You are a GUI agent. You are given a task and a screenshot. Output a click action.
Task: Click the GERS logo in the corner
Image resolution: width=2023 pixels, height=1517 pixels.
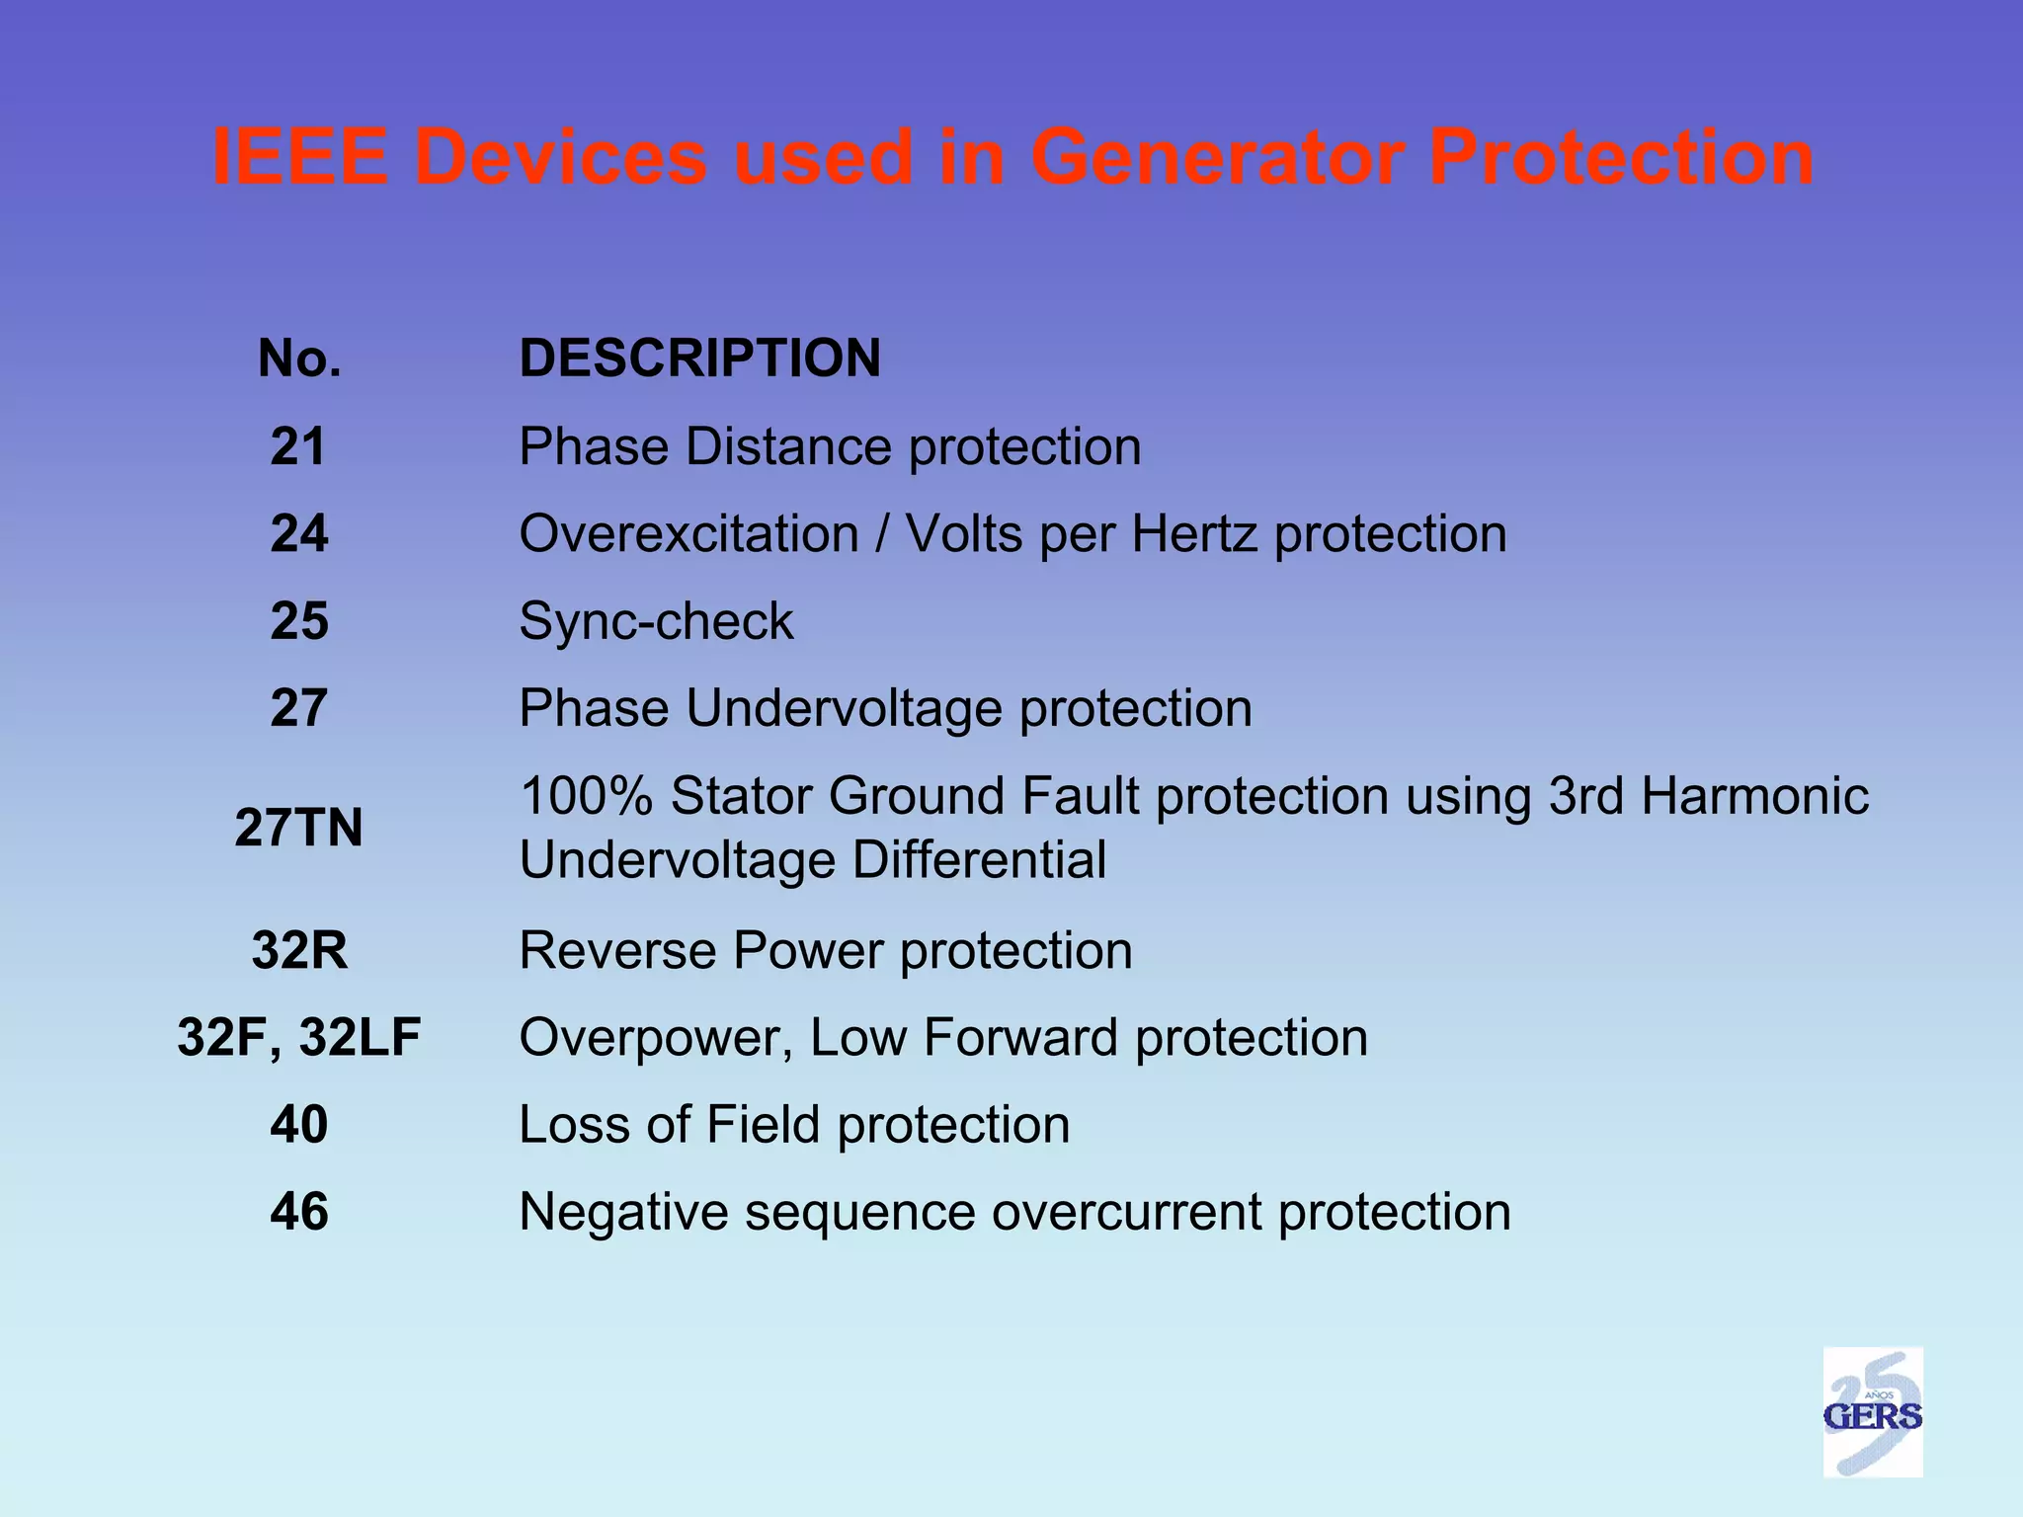click(x=1872, y=1411)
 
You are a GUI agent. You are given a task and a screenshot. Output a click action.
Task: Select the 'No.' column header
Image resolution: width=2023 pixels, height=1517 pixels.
click(x=299, y=358)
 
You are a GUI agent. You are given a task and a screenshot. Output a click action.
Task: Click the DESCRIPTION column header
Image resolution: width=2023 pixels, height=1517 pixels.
click(x=699, y=358)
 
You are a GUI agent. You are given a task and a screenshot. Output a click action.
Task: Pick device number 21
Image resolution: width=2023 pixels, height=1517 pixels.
click(x=298, y=446)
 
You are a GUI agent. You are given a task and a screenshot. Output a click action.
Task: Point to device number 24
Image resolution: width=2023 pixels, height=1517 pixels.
click(x=298, y=533)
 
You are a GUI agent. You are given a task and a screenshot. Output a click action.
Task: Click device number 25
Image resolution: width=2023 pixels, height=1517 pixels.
click(x=298, y=621)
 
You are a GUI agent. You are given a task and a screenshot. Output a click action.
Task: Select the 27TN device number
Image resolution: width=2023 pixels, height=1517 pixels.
click(x=298, y=828)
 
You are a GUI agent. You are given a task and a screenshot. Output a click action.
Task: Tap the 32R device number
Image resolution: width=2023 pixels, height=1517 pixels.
click(x=299, y=950)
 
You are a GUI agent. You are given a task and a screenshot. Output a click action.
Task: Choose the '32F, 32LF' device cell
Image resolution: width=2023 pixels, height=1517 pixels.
click(x=298, y=1038)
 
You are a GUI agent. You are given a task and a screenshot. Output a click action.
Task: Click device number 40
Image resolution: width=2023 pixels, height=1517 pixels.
click(x=298, y=1125)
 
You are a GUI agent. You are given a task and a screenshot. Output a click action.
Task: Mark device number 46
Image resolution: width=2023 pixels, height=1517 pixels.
click(x=298, y=1212)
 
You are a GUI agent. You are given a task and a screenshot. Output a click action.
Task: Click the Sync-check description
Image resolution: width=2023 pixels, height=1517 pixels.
click(x=656, y=621)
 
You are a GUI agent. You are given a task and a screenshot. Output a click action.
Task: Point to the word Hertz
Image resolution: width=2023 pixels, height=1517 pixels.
click(x=1194, y=534)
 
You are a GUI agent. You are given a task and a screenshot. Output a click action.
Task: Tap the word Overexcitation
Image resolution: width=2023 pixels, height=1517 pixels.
click(x=688, y=534)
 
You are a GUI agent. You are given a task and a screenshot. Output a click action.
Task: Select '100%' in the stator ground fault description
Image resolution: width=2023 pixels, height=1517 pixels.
click(x=585, y=796)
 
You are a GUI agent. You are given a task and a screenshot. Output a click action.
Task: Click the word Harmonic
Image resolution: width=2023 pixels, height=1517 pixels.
click(x=1754, y=796)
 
